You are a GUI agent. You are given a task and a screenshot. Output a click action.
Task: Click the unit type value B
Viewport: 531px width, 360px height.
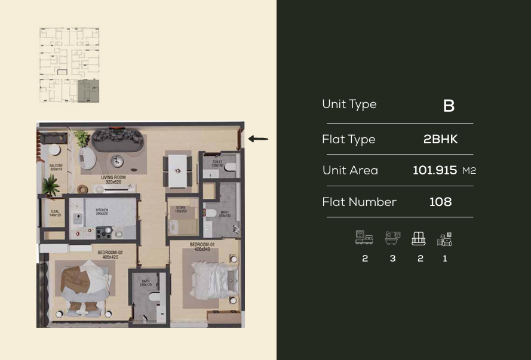point(449,106)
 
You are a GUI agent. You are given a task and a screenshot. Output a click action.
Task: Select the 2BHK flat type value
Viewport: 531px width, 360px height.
point(440,139)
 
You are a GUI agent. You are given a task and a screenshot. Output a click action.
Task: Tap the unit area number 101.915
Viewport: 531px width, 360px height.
point(435,171)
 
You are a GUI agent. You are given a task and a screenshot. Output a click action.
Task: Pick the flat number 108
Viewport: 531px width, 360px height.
point(440,202)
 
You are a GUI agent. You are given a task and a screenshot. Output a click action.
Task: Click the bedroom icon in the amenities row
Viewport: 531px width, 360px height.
point(364,238)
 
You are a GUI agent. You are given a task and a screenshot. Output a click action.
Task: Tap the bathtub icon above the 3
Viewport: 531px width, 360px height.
point(392,238)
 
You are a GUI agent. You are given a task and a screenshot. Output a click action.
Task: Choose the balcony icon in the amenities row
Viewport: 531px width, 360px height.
point(418,239)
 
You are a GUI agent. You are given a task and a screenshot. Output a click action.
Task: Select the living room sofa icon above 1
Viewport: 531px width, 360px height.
point(444,239)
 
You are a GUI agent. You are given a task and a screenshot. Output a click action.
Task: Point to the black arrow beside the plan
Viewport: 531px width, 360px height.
point(258,139)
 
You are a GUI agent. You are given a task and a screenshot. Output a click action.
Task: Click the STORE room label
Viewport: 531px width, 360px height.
point(181,210)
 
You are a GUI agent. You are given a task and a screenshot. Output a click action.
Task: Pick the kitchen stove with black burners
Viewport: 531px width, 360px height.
point(104,232)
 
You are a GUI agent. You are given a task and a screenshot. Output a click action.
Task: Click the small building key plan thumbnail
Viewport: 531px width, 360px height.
point(69,64)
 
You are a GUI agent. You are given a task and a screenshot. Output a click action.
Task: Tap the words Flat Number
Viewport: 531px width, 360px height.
point(359,202)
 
